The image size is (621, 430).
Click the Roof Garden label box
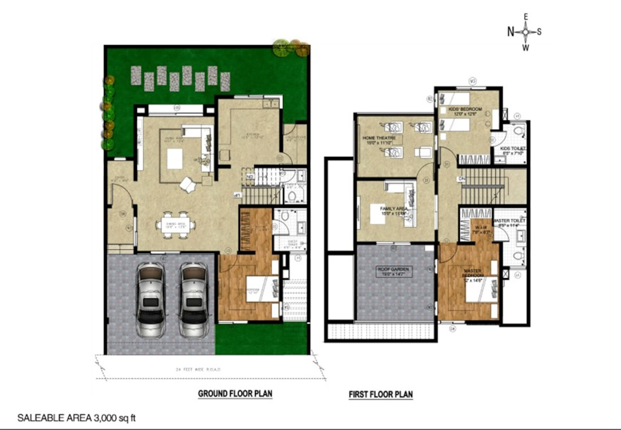[x=393, y=272]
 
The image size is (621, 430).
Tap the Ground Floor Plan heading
[x=235, y=394]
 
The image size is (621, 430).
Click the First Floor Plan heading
[x=381, y=394]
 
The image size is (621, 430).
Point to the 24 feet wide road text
[x=198, y=369]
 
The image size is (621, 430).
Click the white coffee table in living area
[x=175, y=159]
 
